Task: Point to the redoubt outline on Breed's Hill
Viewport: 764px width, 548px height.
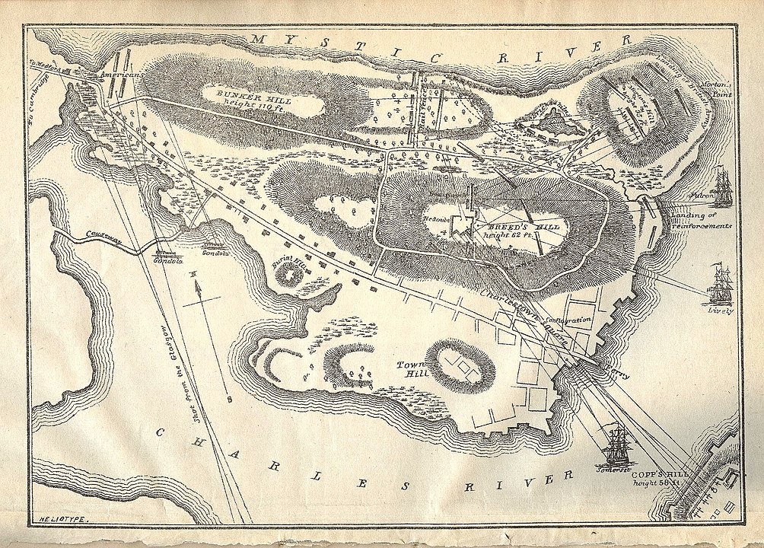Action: tap(460, 225)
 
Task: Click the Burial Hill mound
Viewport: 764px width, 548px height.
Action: tap(288, 274)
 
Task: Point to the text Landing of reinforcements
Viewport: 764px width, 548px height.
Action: tap(700, 221)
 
